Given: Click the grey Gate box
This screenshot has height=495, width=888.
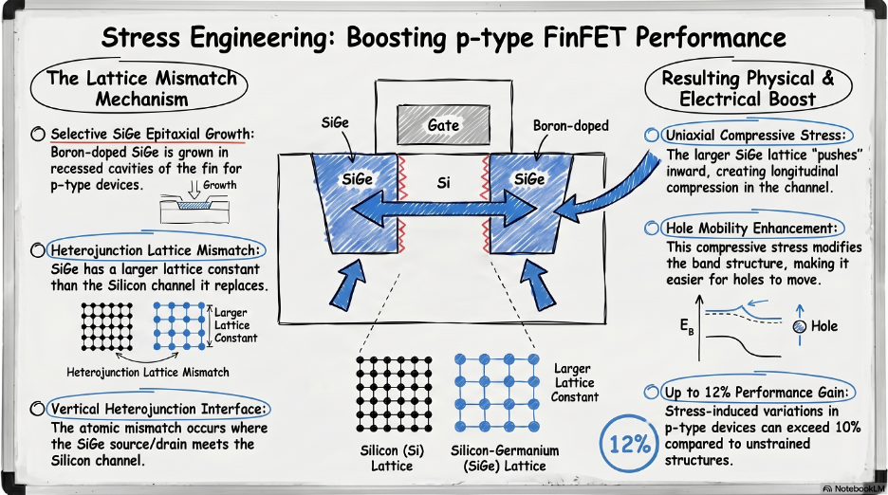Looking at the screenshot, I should [443, 125].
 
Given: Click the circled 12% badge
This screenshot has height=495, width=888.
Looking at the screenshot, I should [630, 443].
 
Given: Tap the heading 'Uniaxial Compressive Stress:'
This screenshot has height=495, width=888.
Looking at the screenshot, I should [755, 135].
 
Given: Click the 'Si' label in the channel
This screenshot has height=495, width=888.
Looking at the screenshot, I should [443, 179].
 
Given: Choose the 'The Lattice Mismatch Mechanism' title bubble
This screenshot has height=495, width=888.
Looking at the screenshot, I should [140, 88].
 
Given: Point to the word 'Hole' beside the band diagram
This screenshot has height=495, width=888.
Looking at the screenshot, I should [824, 326].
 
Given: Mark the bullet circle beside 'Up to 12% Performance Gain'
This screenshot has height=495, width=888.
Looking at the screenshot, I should [651, 392].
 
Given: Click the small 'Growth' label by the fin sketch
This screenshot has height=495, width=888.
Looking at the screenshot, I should [219, 186].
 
